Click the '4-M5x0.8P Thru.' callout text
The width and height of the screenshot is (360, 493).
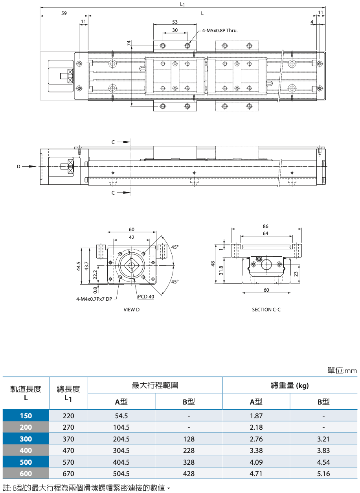click(220, 31)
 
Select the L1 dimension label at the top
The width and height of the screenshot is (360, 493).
click(182, 4)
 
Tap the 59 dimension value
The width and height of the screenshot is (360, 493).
click(64, 13)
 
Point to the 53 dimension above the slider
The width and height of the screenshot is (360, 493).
click(175, 22)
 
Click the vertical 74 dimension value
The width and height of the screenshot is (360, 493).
click(129, 43)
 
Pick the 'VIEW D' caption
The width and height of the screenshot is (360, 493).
click(131, 310)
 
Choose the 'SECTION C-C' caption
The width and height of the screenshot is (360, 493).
click(266, 310)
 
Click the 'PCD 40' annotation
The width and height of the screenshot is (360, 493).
click(146, 297)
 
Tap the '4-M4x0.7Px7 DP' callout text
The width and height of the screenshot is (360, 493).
click(94, 299)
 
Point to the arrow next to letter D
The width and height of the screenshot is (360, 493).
click(29, 166)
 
